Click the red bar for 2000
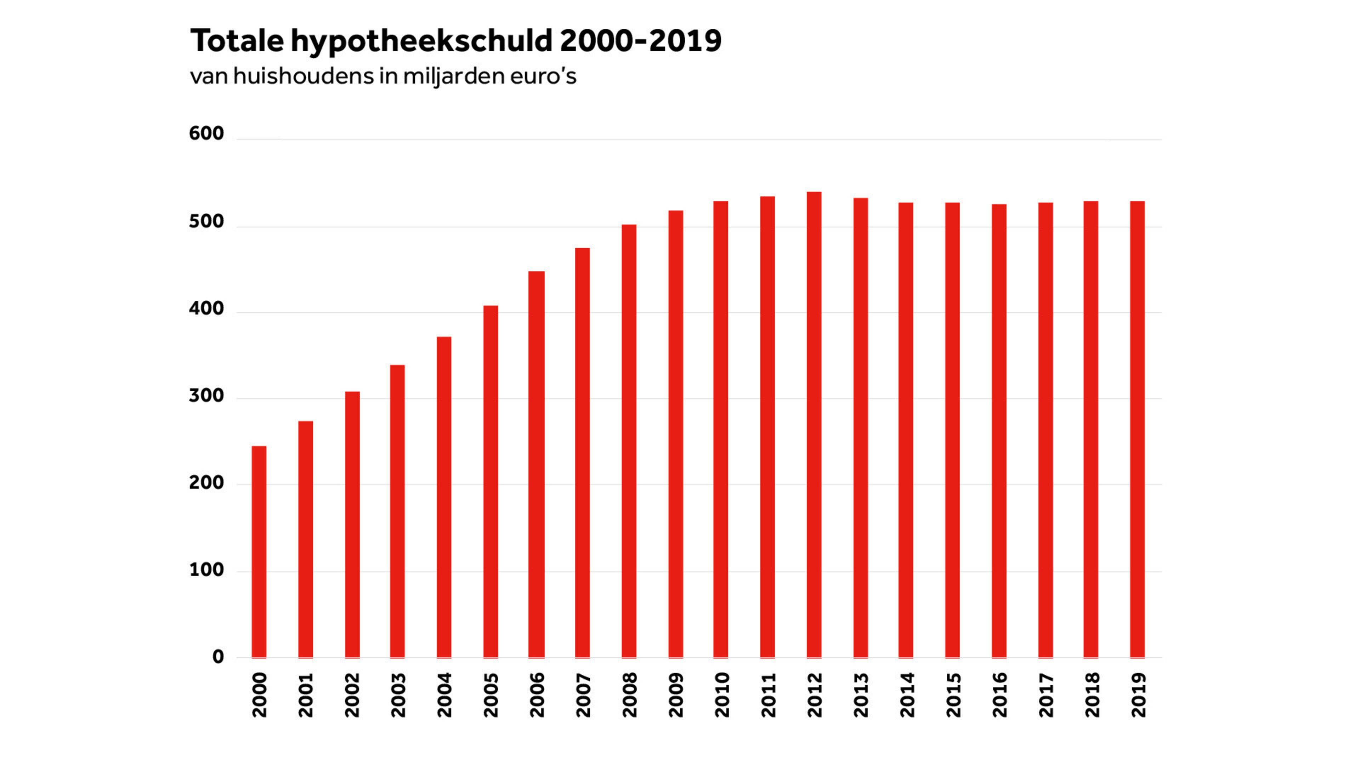tap(259, 552)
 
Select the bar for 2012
tap(814, 425)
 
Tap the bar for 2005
tap(491, 482)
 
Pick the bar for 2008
tap(629, 441)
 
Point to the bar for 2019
tap(1137, 429)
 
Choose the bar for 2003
tap(397, 511)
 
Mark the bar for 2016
tap(999, 431)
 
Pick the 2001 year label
tap(306, 695)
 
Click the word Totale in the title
tap(237, 41)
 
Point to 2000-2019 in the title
tap(640, 41)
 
